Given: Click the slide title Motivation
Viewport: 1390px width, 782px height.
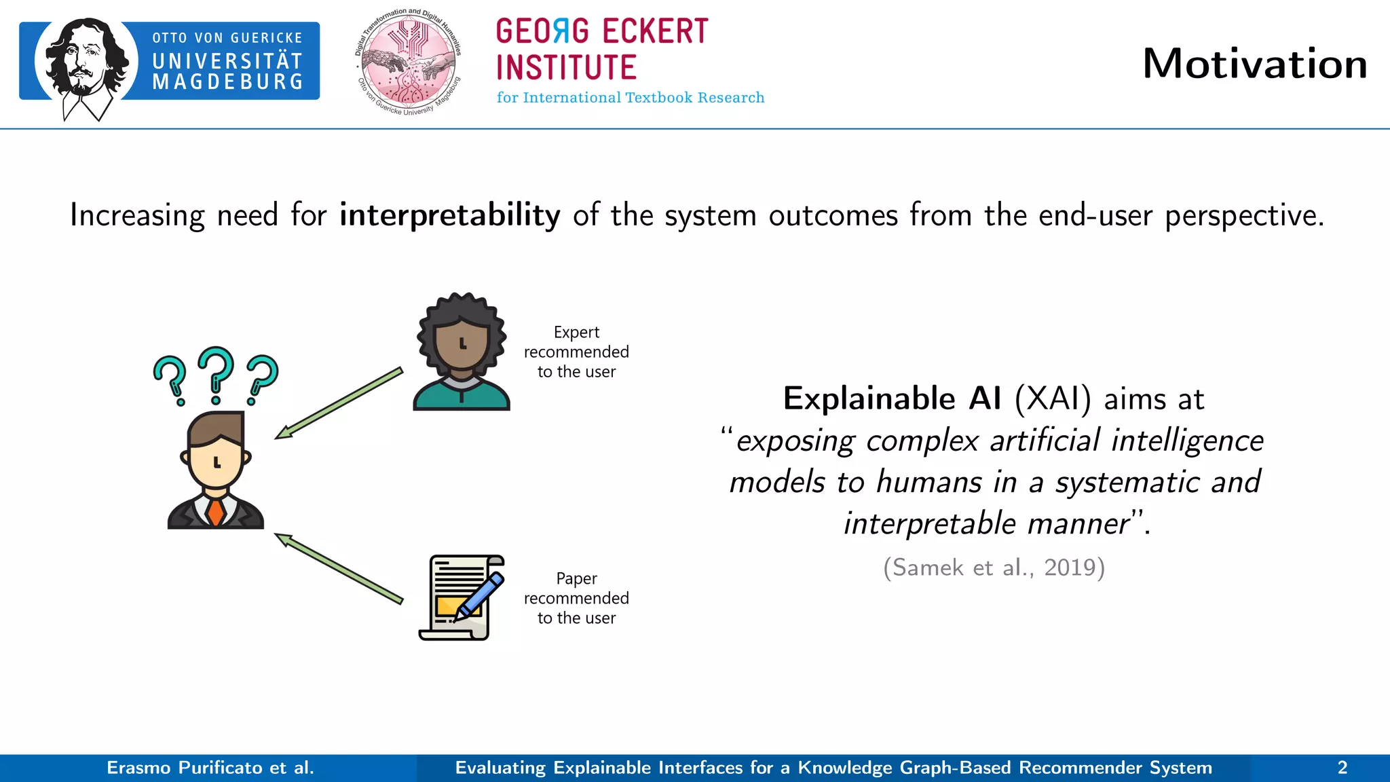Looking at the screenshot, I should pos(1254,64).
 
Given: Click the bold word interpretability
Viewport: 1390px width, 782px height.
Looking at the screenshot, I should pos(449,215).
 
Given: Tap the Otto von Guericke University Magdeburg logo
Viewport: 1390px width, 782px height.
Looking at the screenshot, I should pos(170,62).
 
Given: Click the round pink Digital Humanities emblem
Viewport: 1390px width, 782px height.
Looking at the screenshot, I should pos(409,62).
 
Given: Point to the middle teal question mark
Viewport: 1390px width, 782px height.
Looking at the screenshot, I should pos(216,375).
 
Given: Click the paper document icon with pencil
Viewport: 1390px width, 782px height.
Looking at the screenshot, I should pos(462,597).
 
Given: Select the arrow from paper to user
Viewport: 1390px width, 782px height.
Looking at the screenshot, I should pos(339,568).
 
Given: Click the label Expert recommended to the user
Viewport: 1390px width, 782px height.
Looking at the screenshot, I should pos(576,352).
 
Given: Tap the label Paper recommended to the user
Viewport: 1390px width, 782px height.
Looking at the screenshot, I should pos(576,598).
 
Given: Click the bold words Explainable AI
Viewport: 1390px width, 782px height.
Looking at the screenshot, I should pos(892,398).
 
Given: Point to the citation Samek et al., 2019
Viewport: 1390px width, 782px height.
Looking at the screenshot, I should pos(994,567).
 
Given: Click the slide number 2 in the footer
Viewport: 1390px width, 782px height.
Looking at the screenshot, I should pos(1342,768).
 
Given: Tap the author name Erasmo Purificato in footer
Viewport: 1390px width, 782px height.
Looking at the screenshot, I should pos(210,768).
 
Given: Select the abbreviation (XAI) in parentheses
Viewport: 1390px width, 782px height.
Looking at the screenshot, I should pos(1053,398).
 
